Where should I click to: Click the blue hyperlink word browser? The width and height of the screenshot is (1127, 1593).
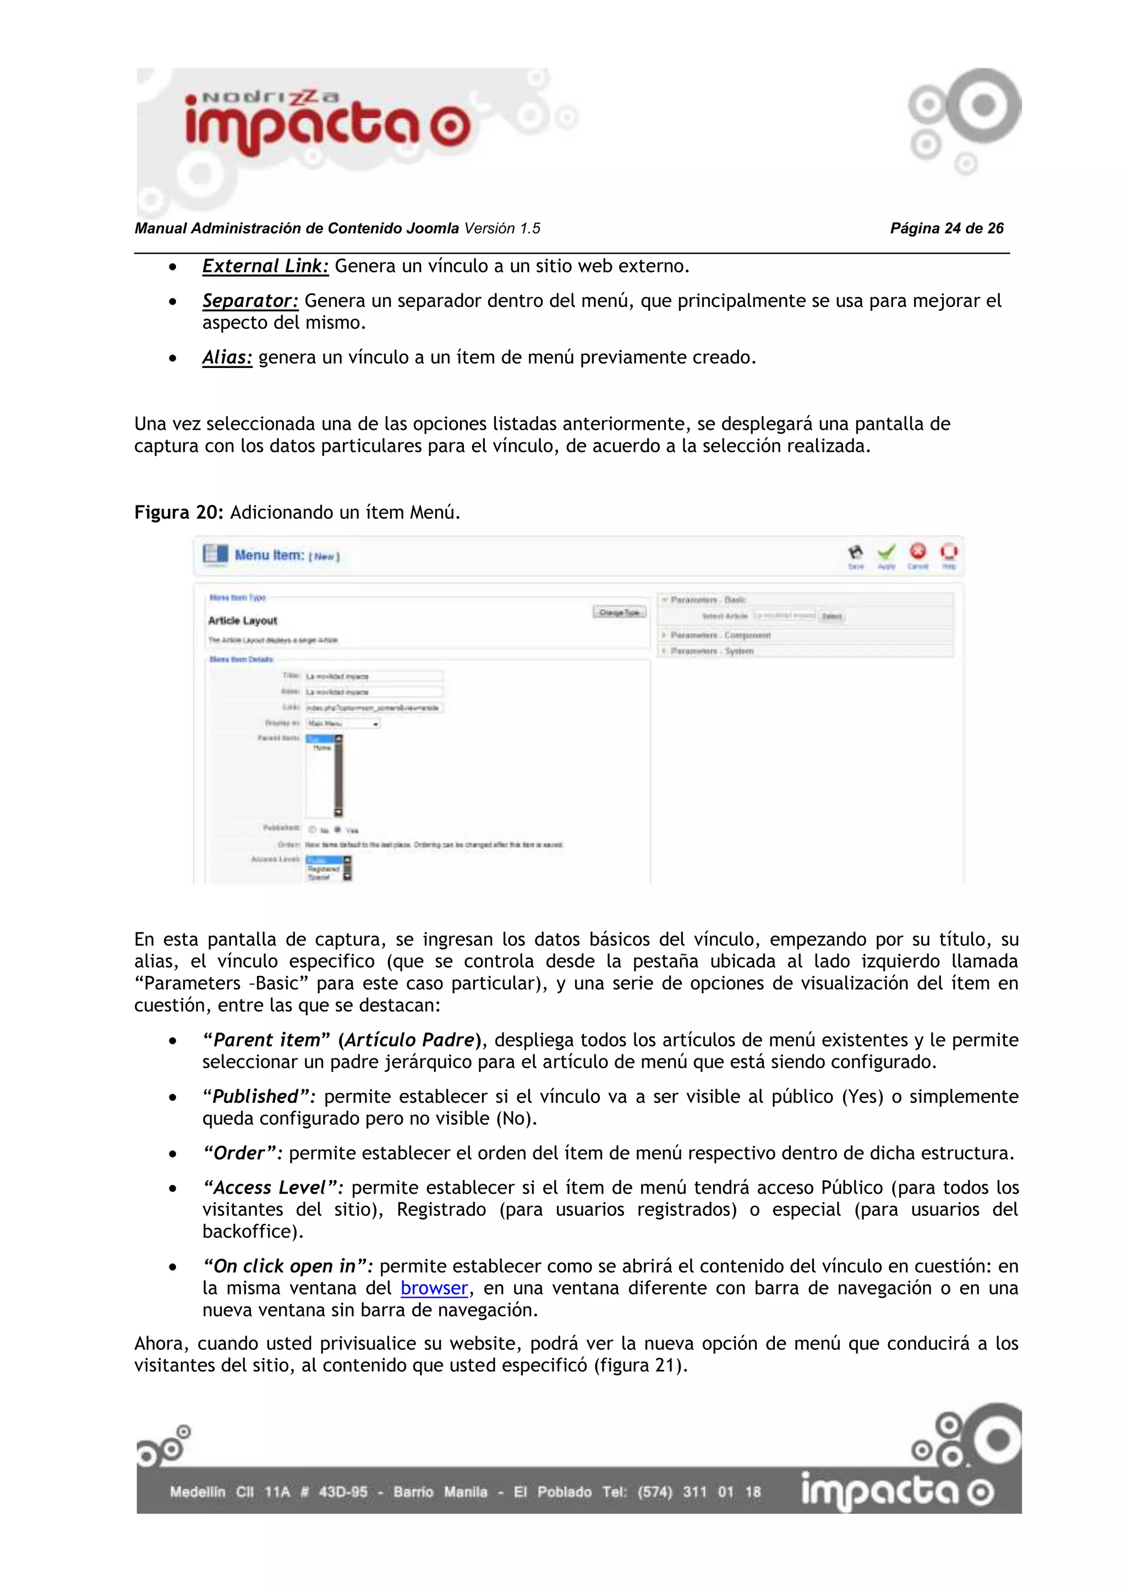coord(434,1288)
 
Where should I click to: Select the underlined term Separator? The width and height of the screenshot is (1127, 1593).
coord(250,301)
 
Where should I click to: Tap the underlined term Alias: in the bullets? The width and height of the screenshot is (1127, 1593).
coord(227,358)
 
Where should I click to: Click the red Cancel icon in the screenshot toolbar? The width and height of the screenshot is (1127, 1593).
coord(917,552)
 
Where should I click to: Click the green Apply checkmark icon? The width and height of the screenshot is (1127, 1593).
coord(886,552)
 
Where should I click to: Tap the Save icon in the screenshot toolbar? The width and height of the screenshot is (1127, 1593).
coord(856,552)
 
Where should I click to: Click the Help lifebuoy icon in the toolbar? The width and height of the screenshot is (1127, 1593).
coord(949,552)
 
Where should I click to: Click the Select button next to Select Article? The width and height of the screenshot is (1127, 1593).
coord(831,616)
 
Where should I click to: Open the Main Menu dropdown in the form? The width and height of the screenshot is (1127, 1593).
coord(343,724)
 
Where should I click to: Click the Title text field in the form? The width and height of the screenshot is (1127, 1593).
coord(373,676)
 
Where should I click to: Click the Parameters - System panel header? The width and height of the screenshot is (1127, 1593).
coord(712,651)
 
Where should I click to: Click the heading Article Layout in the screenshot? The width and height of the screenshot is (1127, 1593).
coord(242,621)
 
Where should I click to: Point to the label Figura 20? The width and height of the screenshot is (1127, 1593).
coord(178,513)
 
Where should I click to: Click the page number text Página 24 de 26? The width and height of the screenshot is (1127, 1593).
coord(947,228)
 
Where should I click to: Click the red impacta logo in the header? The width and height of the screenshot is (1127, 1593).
coord(326,125)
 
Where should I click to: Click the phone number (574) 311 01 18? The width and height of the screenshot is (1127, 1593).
coord(699,1492)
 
